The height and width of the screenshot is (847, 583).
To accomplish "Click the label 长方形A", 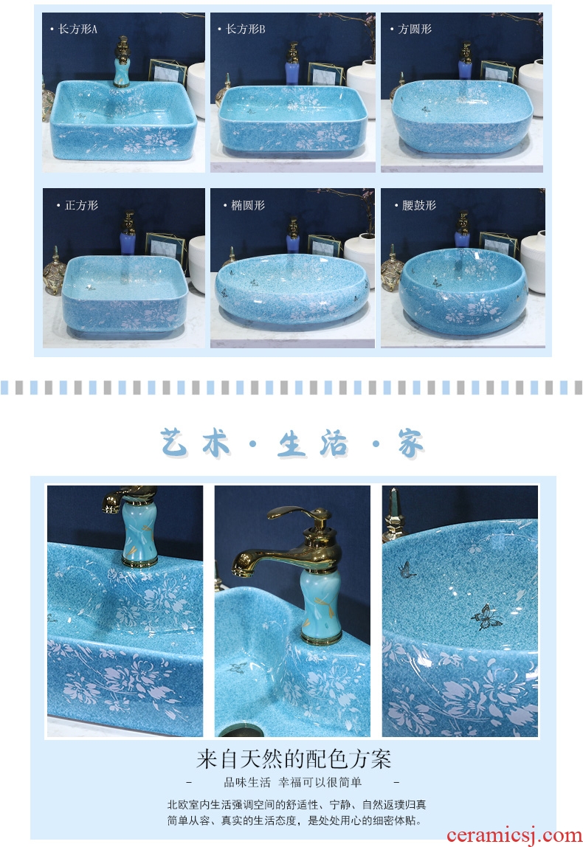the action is (x=77, y=29).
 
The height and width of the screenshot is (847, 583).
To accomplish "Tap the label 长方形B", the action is (x=245, y=29).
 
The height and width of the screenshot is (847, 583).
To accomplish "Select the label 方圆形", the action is (x=415, y=29).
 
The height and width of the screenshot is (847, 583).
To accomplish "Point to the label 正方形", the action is (x=82, y=205).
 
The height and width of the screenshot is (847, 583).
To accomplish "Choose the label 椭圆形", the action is (x=248, y=205).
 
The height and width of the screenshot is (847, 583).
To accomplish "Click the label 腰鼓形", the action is (x=418, y=205).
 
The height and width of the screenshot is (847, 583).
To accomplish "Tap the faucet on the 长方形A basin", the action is (x=122, y=61).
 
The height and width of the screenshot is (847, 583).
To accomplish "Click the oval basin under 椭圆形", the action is (x=291, y=288).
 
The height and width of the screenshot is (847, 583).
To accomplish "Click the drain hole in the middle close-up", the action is (x=241, y=731).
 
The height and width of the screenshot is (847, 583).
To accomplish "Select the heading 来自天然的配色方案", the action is (x=294, y=759).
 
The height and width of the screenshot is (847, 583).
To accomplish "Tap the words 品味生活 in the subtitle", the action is (x=247, y=782).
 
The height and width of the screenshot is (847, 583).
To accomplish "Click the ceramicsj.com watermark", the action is (x=514, y=835).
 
